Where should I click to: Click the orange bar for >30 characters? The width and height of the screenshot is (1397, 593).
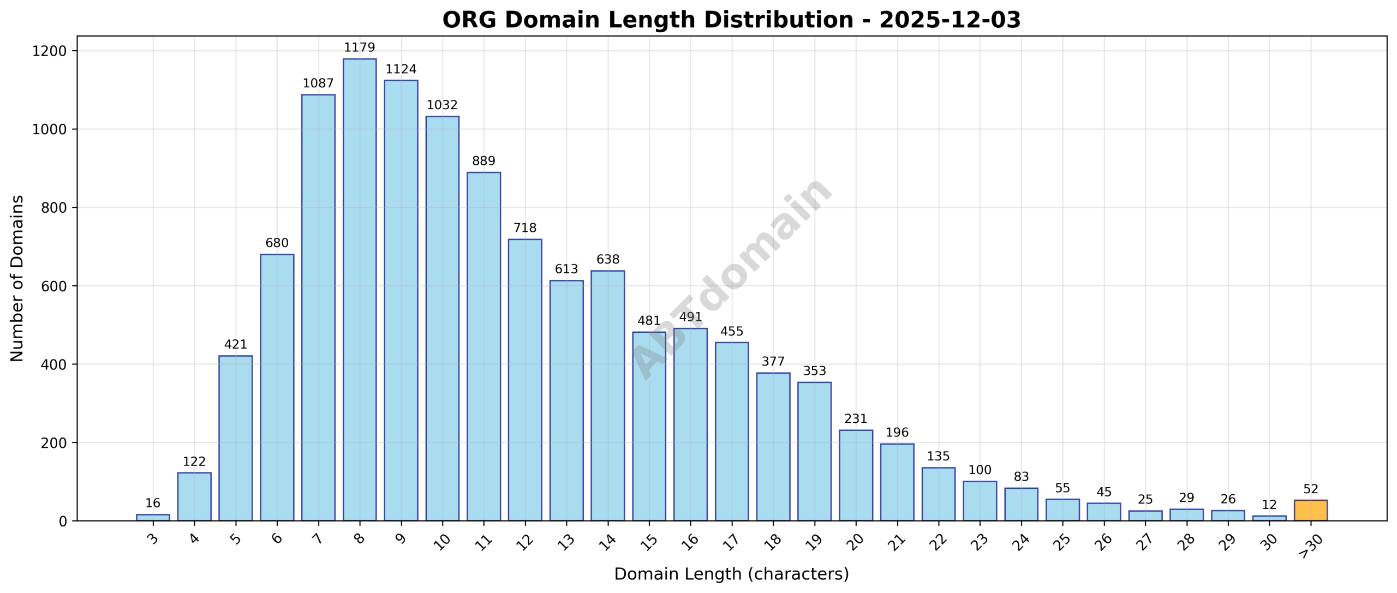pyautogui.click(x=1310, y=510)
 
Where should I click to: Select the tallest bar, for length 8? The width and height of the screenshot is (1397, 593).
pyautogui.click(x=359, y=289)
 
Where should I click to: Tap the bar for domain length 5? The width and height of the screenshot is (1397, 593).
pyautogui.click(x=235, y=438)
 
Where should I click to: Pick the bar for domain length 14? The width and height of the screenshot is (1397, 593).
pyautogui.click(x=607, y=396)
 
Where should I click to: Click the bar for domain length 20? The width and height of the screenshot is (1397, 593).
pyautogui.click(x=855, y=475)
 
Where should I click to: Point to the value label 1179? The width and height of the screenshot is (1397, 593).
pyautogui.click(x=359, y=47)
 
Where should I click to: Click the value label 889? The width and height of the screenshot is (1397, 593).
pyautogui.click(x=483, y=161)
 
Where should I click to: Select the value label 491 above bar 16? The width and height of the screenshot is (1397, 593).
pyautogui.click(x=690, y=317)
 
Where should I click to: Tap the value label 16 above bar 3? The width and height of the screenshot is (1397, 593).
pyautogui.click(x=153, y=503)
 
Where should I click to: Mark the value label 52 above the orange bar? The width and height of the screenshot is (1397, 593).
pyautogui.click(x=1310, y=489)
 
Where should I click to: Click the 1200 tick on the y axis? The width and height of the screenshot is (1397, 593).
pyautogui.click(x=49, y=51)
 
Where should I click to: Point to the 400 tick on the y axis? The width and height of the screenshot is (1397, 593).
pyautogui.click(x=53, y=364)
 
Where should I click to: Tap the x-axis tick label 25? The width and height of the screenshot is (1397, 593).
pyautogui.click(x=1061, y=542)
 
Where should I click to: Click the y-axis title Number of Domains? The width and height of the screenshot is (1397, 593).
pyautogui.click(x=17, y=278)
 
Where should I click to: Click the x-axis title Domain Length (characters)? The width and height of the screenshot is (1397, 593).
pyautogui.click(x=731, y=574)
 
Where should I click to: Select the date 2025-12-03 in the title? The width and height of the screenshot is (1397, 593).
pyautogui.click(x=950, y=20)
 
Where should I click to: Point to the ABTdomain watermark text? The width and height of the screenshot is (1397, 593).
pyautogui.click(x=731, y=278)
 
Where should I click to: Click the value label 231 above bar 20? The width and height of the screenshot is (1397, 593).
pyautogui.click(x=855, y=418)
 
